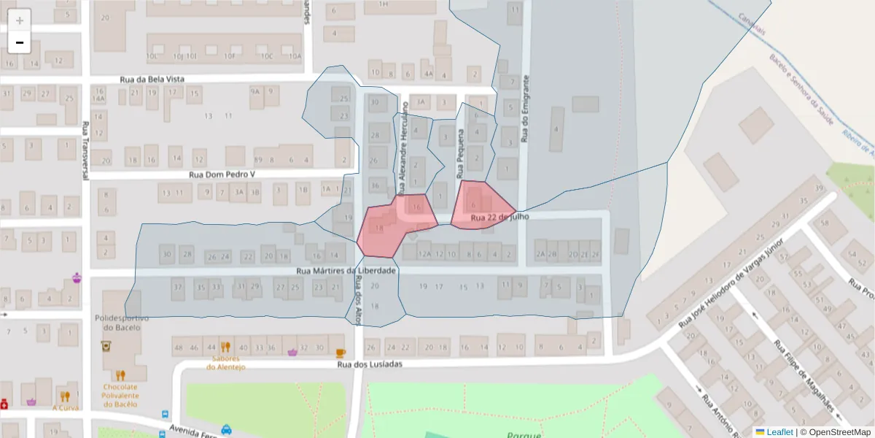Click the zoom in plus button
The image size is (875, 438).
point(20,20)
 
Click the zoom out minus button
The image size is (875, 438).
point(20,42)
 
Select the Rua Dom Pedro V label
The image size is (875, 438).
point(222,174)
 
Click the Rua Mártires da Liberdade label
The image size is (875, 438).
point(346,270)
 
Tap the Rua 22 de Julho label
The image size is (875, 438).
point(499,218)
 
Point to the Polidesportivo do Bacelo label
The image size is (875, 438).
point(122,323)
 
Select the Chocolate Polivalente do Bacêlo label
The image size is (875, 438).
point(120,395)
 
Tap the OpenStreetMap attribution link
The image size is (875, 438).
point(835,432)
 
